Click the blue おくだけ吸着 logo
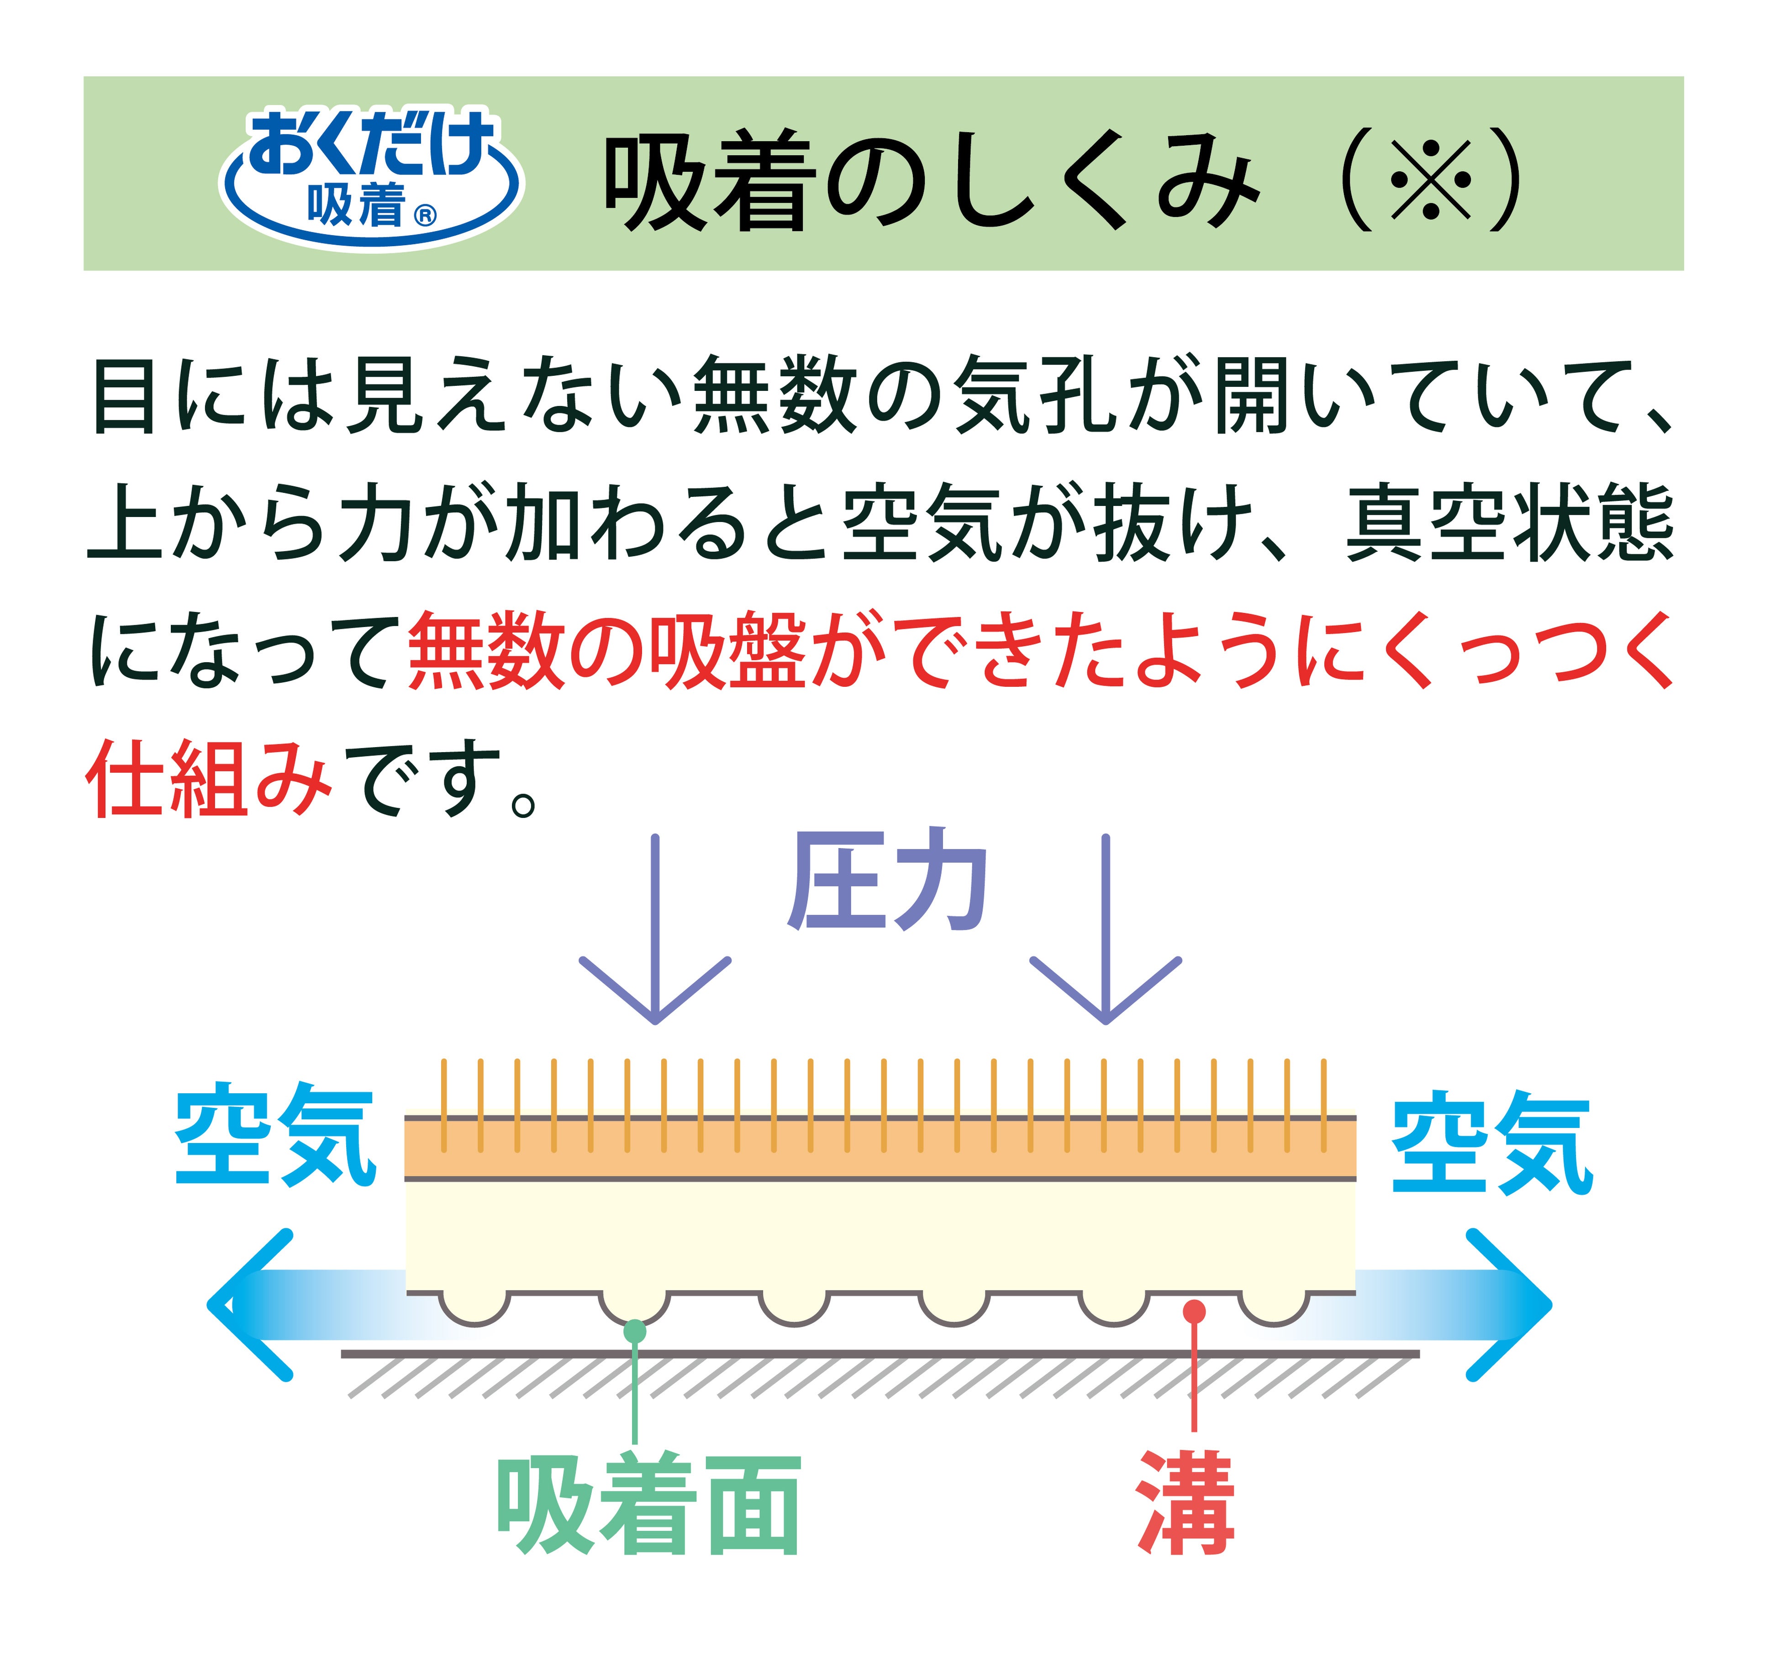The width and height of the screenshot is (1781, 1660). point(371,175)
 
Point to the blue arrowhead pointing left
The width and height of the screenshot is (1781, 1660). point(246,1304)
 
